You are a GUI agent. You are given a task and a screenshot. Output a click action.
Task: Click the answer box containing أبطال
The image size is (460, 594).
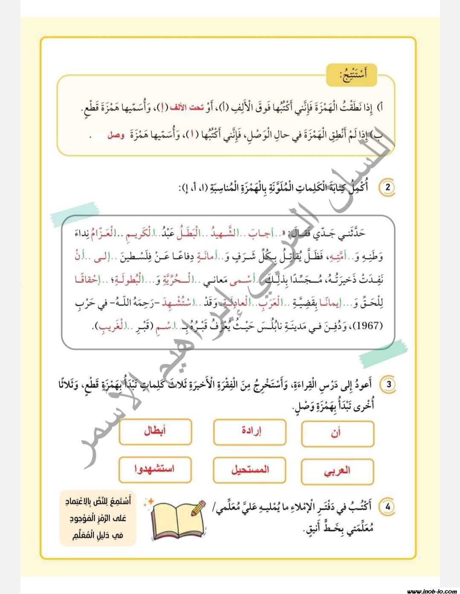tap(155, 432)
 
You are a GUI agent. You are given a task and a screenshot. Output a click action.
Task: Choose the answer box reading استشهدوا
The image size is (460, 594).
tap(155, 469)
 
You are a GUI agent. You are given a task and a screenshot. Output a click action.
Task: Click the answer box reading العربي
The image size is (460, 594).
tap(337, 472)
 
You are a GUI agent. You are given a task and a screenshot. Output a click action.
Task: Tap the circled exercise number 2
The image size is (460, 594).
tap(387, 188)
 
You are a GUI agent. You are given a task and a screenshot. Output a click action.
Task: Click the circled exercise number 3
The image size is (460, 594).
tap(388, 384)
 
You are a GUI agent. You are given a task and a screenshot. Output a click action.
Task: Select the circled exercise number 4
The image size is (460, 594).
tap(387, 507)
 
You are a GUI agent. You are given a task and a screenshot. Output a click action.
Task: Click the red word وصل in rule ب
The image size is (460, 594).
tap(116, 136)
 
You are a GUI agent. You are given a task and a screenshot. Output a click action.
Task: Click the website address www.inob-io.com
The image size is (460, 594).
tap(431, 591)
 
